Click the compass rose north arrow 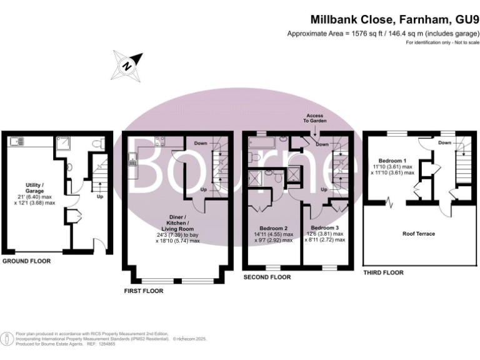click(x=127, y=64)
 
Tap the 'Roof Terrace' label click(x=418, y=234)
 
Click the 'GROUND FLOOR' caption click(x=26, y=260)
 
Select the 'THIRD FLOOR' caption click(x=383, y=272)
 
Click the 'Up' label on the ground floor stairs click(x=100, y=196)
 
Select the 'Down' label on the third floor click(x=444, y=143)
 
